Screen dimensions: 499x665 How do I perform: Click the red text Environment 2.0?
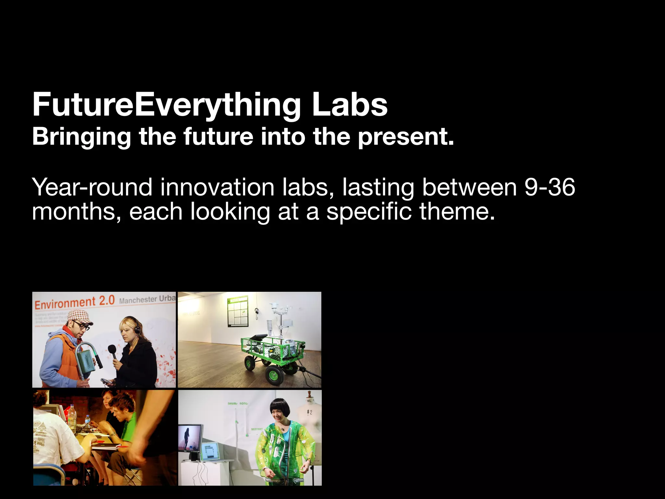click(75, 302)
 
